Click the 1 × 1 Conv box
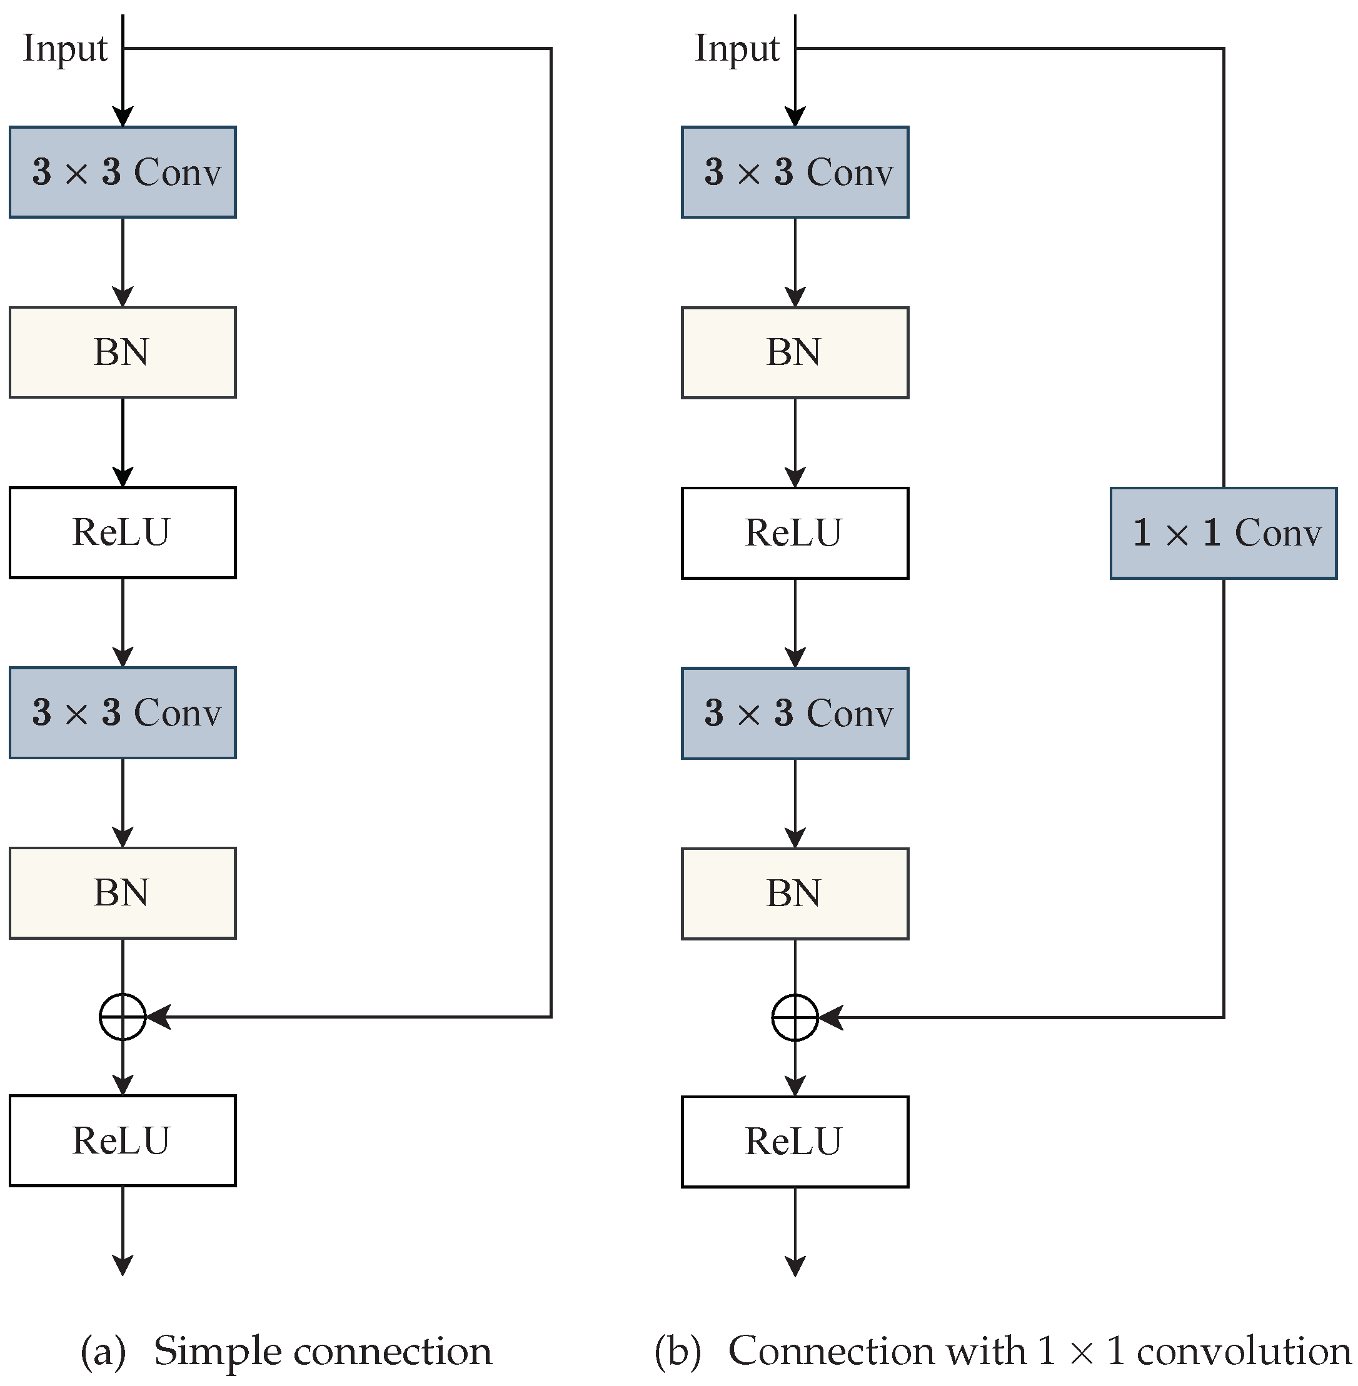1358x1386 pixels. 1222,533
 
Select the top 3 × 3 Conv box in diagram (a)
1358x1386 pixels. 123,172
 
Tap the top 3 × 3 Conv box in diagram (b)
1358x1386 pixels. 795,172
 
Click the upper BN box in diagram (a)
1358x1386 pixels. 123,352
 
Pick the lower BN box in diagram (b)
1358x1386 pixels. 795,894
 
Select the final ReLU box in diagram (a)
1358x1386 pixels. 123,1141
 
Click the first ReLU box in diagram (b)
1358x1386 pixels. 795,533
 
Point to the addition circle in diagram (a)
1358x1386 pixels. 123,1017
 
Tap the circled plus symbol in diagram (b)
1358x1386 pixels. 795,1017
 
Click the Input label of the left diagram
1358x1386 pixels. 65,49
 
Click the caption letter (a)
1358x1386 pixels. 103,1351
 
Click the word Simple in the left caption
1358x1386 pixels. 218,1351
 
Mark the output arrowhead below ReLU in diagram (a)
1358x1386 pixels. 123,1265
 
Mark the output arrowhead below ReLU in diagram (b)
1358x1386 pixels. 795,1266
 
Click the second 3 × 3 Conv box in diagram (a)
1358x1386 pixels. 123,713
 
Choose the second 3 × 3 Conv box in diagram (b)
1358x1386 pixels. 795,713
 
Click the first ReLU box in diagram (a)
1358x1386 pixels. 123,532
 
